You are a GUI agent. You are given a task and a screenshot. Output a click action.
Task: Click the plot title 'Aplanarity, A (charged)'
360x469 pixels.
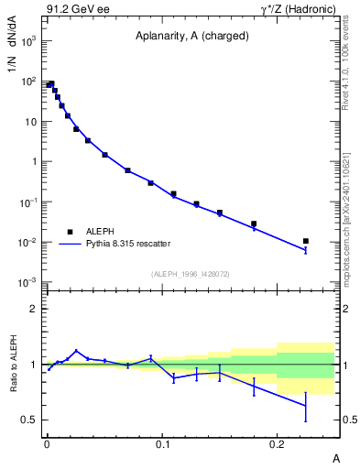tap(191, 37)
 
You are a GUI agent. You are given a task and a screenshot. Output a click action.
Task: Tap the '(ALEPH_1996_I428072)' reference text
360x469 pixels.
tap(190, 274)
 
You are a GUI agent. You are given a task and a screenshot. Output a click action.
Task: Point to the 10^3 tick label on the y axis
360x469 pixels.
tap(29, 41)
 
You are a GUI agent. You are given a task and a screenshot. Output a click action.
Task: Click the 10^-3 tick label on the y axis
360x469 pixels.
tap(29, 282)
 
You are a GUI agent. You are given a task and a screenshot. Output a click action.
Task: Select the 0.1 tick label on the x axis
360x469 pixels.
tap(162, 442)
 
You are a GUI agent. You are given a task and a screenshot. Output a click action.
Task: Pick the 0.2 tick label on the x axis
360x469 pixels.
tap(278, 442)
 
